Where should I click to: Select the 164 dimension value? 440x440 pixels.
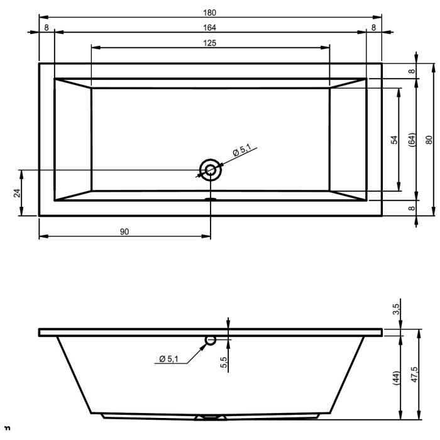tap(210, 27)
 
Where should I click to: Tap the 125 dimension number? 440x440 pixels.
tap(210, 43)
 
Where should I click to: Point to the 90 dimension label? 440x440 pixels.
tap(124, 232)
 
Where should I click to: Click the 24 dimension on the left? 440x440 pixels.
tap(17, 193)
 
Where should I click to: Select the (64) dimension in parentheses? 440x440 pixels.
tap(412, 140)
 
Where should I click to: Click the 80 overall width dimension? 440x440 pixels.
tap(429, 140)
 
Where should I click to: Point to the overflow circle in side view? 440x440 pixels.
tap(211, 340)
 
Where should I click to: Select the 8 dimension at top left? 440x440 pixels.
tap(47, 27)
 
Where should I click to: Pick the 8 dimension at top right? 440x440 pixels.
tap(373, 27)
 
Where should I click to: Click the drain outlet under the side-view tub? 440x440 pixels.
tap(211, 417)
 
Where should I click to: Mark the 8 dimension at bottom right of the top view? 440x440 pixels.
tap(412, 208)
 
